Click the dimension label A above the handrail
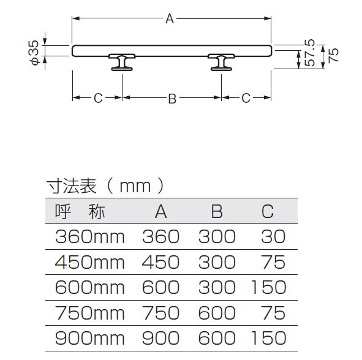point(170,19)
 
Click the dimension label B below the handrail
point(172,99)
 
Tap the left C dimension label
point(98,98)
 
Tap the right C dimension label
point(246,98)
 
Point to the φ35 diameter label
point(35,53)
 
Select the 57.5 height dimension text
point(309,53)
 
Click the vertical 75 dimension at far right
point(333,55)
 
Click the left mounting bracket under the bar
point(122,62)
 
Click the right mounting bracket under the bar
point(221,62)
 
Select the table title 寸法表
point(71,186)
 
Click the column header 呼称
point(80,211)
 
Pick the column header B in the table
point(217,211)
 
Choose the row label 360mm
point(90,237)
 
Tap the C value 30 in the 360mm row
point(273,237)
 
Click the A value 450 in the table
point(160,262)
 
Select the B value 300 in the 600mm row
point(217,288)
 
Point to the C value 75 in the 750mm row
point(274,313)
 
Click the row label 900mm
point(90,339)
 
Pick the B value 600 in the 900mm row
point(217,339)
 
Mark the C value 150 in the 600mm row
point(269,288)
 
